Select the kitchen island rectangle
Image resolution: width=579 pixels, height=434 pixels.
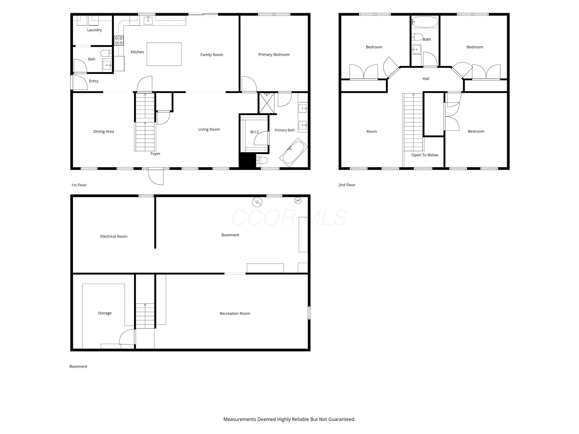click(164, 54)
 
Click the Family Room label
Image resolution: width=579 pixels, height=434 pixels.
click(212, 55)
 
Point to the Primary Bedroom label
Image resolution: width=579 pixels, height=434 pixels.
click(274, 55)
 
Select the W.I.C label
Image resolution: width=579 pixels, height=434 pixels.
click(254, 132)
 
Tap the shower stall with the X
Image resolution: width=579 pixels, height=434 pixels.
click(267, 103)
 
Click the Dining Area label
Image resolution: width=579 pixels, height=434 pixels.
click(103, 132)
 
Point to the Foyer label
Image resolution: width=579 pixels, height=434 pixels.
click(155, 154)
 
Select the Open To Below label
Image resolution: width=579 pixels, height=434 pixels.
click(425, 155)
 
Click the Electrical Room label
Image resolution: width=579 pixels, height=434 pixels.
click(114, 236)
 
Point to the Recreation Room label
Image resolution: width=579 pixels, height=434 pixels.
click(235, 314)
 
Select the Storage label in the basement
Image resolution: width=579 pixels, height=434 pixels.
click(104, 313)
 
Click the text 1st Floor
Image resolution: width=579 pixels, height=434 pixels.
click(79, 185)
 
